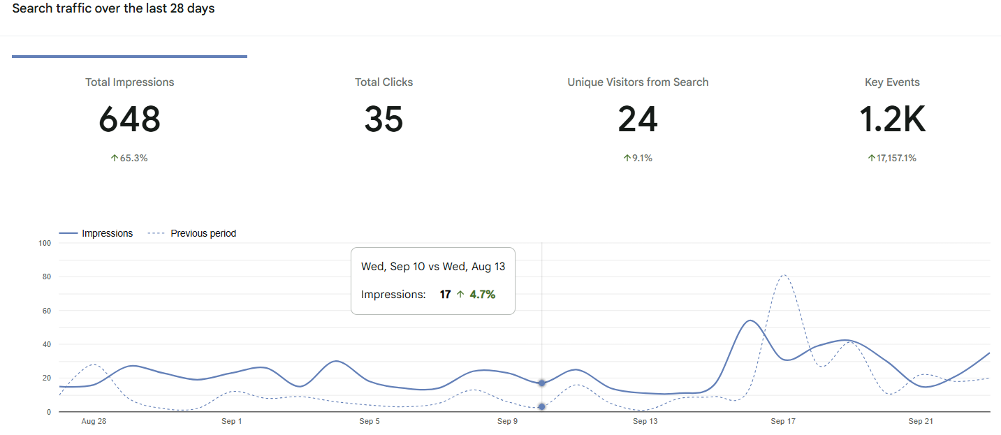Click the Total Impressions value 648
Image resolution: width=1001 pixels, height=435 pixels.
coord(130,119)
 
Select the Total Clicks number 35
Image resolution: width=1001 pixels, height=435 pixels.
coord(383,119)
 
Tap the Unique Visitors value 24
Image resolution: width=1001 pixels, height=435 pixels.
coord(638,119)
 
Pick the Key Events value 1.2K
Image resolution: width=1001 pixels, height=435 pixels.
coord(892,119)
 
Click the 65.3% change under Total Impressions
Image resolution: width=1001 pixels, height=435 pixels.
coord(129,158)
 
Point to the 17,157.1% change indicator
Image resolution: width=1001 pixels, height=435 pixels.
coord(892,158)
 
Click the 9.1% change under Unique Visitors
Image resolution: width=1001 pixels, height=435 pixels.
coord(638,158)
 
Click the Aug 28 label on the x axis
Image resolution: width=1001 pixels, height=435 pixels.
coord(93,422)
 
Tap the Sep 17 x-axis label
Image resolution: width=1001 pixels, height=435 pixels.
coord(783,422)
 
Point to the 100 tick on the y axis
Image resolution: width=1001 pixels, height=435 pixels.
coord(45,243)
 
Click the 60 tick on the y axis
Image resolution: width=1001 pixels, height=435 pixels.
coord(47,311)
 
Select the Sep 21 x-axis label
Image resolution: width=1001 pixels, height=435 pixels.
coord(921,422)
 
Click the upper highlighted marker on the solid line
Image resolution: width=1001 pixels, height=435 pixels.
coord(541,383)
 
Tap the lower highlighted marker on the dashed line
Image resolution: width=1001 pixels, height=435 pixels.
coord(541,406)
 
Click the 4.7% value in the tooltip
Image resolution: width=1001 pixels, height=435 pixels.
coord(482,295)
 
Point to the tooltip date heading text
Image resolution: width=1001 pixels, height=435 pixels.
coord(432,267)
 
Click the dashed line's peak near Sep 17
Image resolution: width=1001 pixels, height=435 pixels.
coord(784,275)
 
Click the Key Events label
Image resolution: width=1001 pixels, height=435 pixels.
coord(892,82)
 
